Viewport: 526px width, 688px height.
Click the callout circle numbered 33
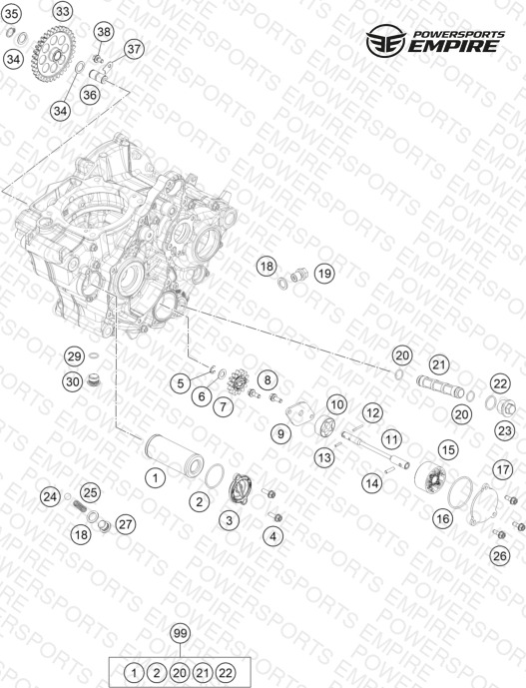(x=63, y=12)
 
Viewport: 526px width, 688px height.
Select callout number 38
(x=104, y=32)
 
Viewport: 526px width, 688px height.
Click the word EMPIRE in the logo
(x=453, y=46)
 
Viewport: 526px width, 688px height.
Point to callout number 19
(x=324, y=274)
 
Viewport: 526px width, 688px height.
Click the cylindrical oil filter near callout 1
(x=174, y=455)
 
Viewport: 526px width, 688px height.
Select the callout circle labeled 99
(x=181, y=633)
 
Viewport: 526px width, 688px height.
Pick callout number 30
(x=73, y=381)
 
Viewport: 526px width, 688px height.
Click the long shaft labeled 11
(x=375, y=449)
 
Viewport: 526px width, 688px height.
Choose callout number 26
(x=500, y=556)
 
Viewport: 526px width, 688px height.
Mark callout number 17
(x=502, y=470)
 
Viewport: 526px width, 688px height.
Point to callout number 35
(x=11, y=14)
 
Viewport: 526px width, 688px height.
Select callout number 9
(x=280, y=434)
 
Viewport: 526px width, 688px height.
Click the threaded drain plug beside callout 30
(x=93, y=380)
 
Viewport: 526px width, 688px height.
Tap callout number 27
(x=126, y=524)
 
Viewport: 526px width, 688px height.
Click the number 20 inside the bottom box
(x=180, y=672)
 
